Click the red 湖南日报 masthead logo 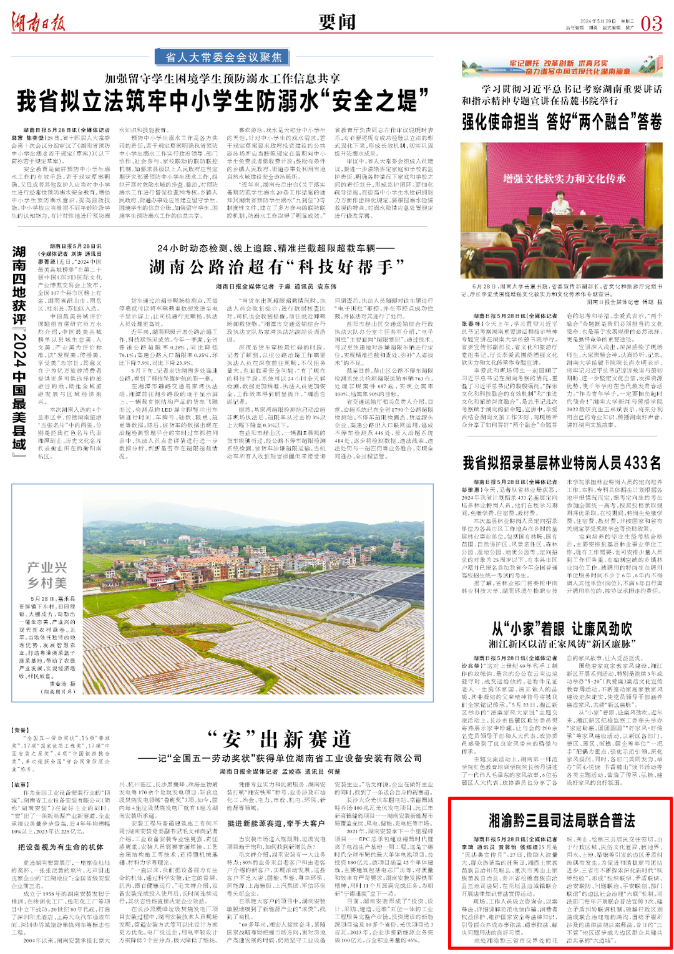[38, 23]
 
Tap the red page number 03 [651, 24]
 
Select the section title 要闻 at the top [337, 22]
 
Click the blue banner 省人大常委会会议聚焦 [223, 57]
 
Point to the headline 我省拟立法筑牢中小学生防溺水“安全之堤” [223, 100]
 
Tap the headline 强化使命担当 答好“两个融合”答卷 [562, 122]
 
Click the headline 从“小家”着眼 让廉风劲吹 [561, 628]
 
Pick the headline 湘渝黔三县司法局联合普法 [561, 819]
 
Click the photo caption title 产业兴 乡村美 [47, 575]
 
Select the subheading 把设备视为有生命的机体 [61, 847]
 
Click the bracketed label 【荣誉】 [20, 730]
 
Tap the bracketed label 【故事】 [20, 784]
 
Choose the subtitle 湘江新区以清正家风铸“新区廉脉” [561, 644]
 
